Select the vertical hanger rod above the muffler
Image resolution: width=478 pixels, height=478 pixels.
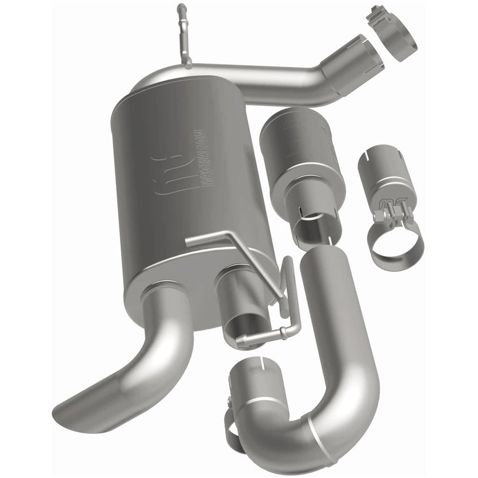click(x=184, y=35)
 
